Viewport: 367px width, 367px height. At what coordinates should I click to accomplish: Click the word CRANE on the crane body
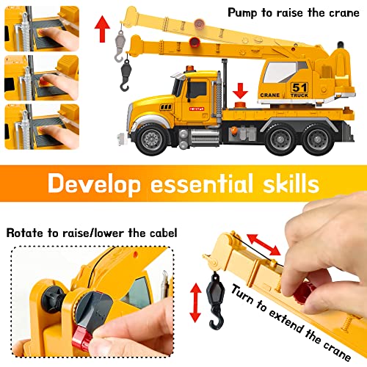click(x=270, y=95)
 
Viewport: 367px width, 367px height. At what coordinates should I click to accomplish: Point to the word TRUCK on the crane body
click(x=299, y=95)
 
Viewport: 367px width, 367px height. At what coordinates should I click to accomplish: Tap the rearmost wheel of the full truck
click(x=317, y=137)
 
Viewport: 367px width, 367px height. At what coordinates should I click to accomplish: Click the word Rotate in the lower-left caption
click(x=27, y=233)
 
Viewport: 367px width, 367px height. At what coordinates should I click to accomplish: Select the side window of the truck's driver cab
click(x=197, y=90)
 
